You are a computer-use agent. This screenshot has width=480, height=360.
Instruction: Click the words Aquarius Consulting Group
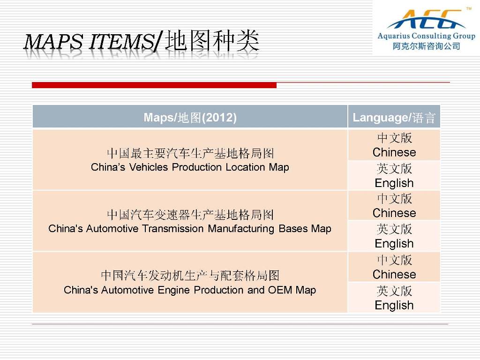click(427, 36)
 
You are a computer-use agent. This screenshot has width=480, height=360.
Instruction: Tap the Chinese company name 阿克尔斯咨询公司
click(427, 46)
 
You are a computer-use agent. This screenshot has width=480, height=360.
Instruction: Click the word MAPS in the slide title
click(53, 42)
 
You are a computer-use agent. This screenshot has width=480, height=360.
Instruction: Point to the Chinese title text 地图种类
click(212, 41)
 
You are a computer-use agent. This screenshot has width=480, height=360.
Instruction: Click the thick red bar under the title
click(154, 85)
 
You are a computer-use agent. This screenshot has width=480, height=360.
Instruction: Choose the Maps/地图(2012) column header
click(190, 118)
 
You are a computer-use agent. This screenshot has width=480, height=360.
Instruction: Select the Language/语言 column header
click(394, 118)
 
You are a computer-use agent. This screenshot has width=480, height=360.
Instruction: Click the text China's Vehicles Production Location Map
click(190, 167)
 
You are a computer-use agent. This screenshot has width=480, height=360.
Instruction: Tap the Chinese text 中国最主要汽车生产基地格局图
click(190, 153)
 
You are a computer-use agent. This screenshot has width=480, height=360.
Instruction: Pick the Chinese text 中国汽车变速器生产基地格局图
click(190, 215)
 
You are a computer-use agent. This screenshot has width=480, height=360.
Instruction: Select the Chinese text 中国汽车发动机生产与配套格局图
click(190, 276)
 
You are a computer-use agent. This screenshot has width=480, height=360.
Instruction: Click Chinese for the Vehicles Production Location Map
click(394, 152)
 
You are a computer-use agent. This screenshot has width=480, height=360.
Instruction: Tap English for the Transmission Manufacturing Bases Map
click(394, 244)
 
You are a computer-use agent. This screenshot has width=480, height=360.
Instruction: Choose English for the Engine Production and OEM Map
click(394, 306)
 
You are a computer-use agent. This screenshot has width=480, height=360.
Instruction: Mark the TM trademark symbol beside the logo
click(469, 8)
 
